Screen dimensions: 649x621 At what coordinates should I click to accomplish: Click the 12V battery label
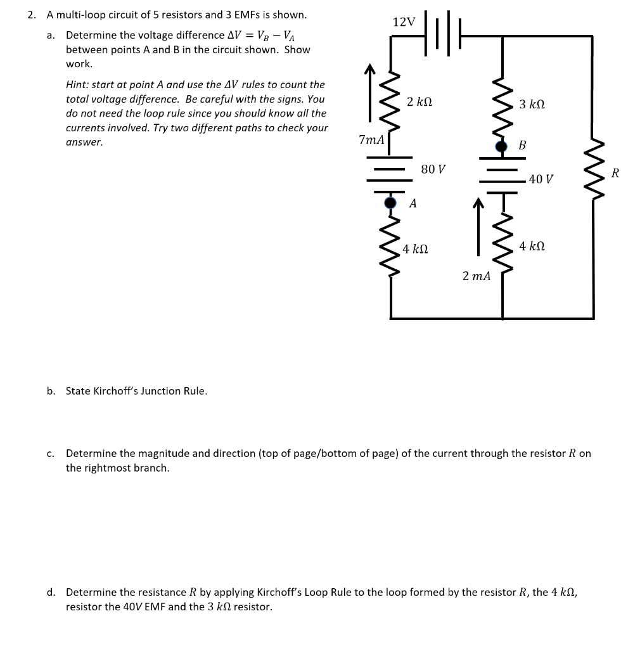click(404, 22)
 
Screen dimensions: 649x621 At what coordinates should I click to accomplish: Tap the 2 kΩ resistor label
click(420, 101)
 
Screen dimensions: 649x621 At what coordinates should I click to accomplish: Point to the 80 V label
click(433, 169)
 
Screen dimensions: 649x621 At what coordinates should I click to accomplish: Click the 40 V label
click(541, 179)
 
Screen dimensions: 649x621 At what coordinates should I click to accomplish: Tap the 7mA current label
click(371, 139)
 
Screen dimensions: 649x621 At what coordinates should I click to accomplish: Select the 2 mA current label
click(477, 276)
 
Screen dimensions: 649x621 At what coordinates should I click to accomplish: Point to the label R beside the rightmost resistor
click(614, 172)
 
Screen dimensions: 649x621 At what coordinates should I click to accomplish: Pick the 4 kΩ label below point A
click(416, 249)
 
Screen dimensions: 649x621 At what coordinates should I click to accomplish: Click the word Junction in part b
click(161, 391)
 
